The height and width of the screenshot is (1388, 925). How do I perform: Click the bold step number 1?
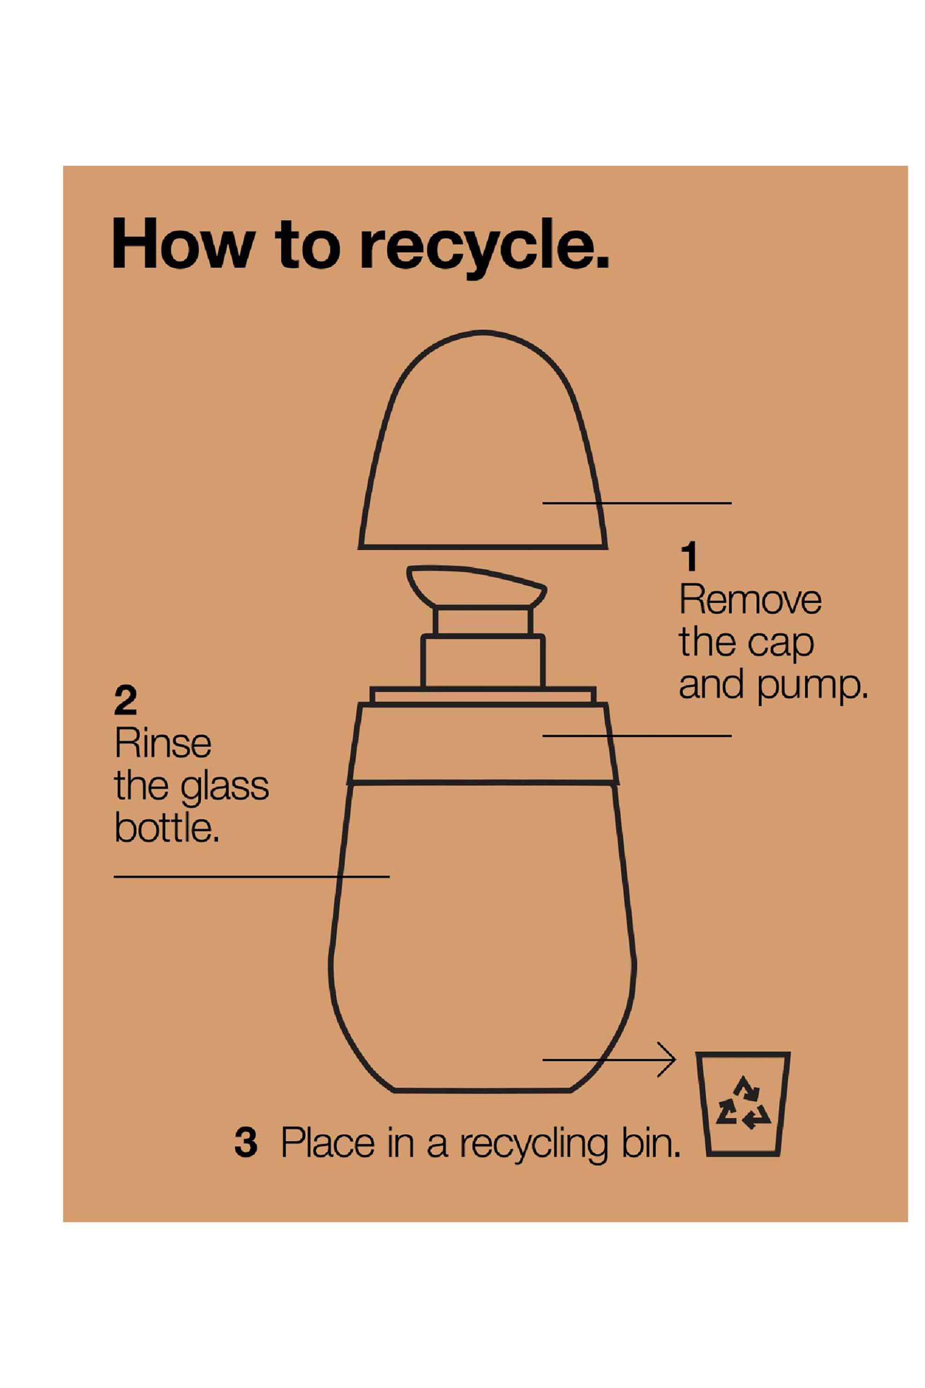pyautogui.click(x=688, y=557)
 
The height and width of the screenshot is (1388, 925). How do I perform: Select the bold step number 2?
pyautogui.click(x=125, y=700)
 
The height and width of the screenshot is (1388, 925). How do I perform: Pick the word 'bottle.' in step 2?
pyautogui.click(x=166, y=829)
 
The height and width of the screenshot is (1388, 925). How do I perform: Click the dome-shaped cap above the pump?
pyautogui.click(x=482, y=440)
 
